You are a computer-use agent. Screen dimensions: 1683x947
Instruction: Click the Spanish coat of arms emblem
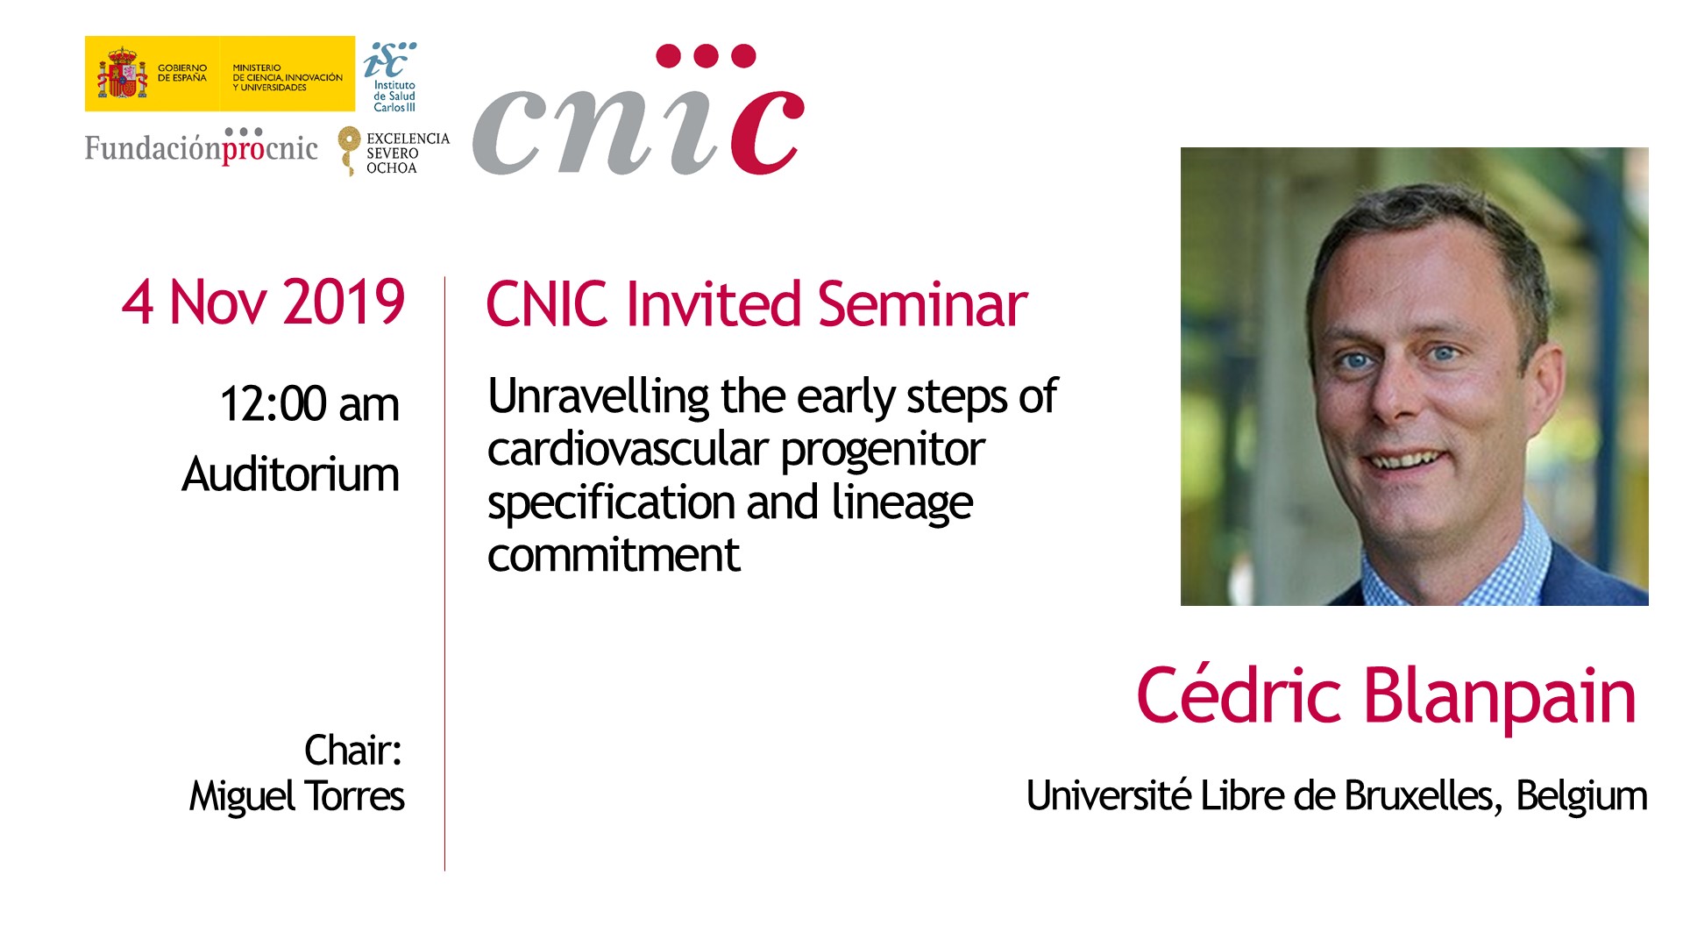pyautogui.click(x=122, y=74)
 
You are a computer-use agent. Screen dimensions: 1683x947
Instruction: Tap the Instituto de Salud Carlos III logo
pyautogui.click(x=391, y=77)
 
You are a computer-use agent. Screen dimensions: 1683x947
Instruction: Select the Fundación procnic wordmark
pyautogui.click(x=201, y=146)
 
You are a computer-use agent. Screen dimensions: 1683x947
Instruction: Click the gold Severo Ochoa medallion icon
pyautogui.click(x=350, y=150)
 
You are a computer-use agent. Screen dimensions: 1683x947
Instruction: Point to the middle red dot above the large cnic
pyautogui.click(x=706, y=56)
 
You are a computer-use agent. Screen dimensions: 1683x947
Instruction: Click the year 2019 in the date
pyautogui.click(x=344, y=303)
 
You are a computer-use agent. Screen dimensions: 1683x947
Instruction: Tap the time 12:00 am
pyautogui.click(x=309, y=404)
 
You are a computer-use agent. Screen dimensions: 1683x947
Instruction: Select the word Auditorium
pyautogui.click(x=291, y=474)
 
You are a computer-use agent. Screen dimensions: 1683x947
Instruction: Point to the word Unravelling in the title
pyautogui.click(x=599, y=396)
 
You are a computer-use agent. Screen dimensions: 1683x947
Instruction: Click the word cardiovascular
pyautogui.click(x=628, y=449)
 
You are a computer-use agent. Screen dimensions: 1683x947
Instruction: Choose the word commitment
pyautogui.click(x=614, y=555)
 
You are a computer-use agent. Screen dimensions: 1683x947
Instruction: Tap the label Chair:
pyautogui.click(x=353, y=751)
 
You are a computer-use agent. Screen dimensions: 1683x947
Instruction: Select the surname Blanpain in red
pyautogui.click(x=1500, y=696)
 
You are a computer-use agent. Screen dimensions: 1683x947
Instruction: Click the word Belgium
pyautogui.click(x=1581, y=797)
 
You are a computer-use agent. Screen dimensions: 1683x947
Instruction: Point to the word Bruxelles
pyautogui.click(x=1418, y=795)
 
